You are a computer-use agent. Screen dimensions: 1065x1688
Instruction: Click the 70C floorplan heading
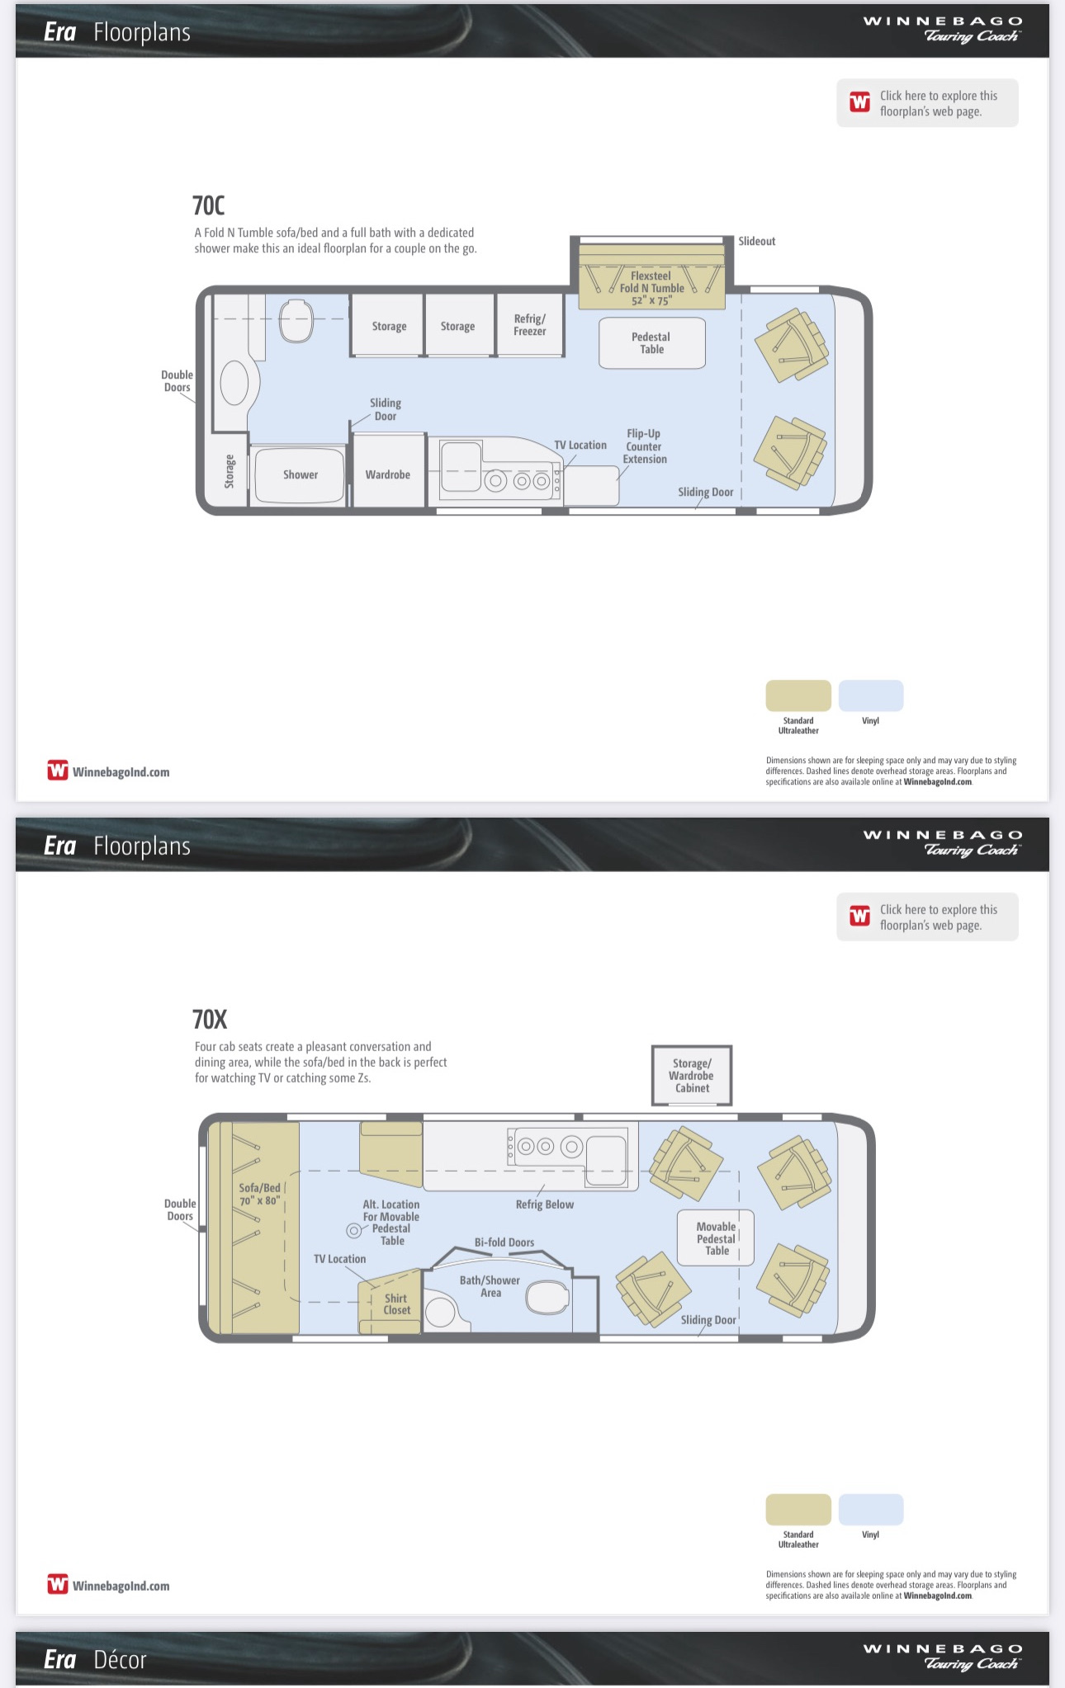pyautogui.click(x=208, y=205)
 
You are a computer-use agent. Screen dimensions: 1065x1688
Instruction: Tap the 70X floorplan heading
pyautogui.click(x=210, y=1020)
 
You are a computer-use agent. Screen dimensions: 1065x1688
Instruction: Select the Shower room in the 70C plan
pyautogui.click(x=300, y=474)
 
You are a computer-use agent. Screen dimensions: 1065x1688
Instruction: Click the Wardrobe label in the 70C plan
pyautogui.click(x=387, y=474)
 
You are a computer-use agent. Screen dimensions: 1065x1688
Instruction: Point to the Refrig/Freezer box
pyautogui.click(x=529, y=325)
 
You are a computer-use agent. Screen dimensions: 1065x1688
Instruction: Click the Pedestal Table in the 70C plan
pyautogui.click(x=651, y=343)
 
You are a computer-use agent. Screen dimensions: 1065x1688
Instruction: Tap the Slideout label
pyautogui.click(x=756, y=241)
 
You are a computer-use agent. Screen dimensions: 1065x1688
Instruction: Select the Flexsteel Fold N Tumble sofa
pyautogui.click(x=651, y=276)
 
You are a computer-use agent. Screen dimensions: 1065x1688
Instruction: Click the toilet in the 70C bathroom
pyautogui.click(x=296, y=320)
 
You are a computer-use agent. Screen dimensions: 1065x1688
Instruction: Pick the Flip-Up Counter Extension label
pyautogui.click(x=645, y=446)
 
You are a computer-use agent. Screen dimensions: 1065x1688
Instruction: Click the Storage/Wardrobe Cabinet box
pyautogui.click(x=692, y=1076)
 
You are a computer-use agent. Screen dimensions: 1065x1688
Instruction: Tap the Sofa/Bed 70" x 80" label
pyautogui.click(x=260, y=1194)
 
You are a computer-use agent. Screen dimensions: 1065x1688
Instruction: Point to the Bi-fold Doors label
pyautogui.click(x=504, y=1242)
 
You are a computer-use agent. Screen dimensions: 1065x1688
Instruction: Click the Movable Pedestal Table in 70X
pyautogui.click(x=715, y=1238)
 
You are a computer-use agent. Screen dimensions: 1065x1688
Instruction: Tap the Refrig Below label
pyautogui.click(x=544, y=1205)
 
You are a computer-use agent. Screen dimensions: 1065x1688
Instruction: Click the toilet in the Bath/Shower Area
pyautogui.click(x=547, y=1297)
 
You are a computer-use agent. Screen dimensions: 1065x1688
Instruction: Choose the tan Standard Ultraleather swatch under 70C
pyautogui.click(x=798, y=695)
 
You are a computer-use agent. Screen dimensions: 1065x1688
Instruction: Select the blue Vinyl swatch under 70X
pyautogui.click(x=871, y=1509)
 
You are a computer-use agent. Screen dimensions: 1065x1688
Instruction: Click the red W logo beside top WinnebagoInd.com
pyautogui.click(x=58, y=771)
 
